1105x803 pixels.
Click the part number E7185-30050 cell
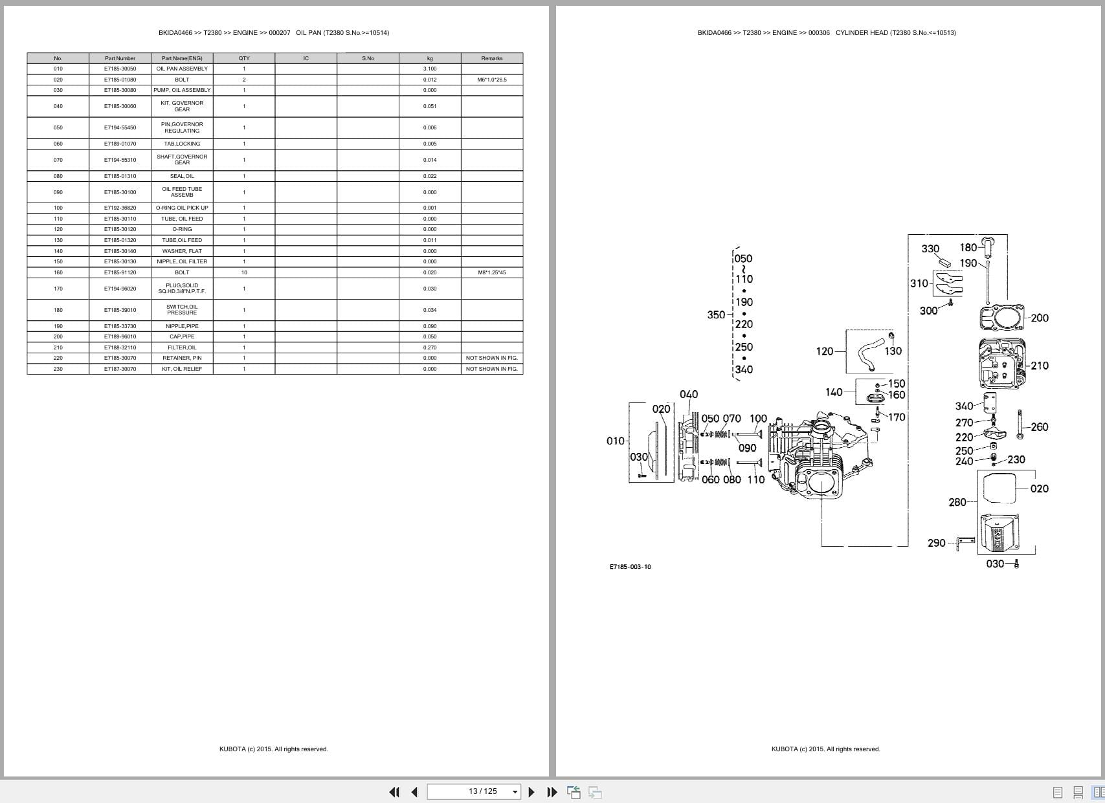tap(120, 69)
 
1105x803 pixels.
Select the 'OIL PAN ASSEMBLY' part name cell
tap(182, 69)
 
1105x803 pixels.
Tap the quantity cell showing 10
tap(244, 272)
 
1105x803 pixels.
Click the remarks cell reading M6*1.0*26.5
tap(492, 80)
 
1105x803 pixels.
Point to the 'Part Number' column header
tap(120, 58)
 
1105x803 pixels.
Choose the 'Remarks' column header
tap(492, 58)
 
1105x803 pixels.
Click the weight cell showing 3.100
tap(430, 69)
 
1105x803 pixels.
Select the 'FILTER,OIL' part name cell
tap(182, 347)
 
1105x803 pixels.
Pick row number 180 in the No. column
tap(58, 310)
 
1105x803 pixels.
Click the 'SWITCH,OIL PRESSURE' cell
tap(182, 310)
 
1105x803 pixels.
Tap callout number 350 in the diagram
tap(716, 315)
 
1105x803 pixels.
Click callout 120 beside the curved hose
tap(824, 351)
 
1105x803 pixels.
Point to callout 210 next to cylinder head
tap(1040, 366)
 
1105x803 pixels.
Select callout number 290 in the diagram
tap(936, 543)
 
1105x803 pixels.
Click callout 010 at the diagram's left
tap(615, 441)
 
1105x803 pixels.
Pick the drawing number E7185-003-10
tap(630, 567)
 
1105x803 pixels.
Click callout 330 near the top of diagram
tap(930, 248)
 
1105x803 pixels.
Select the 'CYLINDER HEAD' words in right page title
tap(861, 32)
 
